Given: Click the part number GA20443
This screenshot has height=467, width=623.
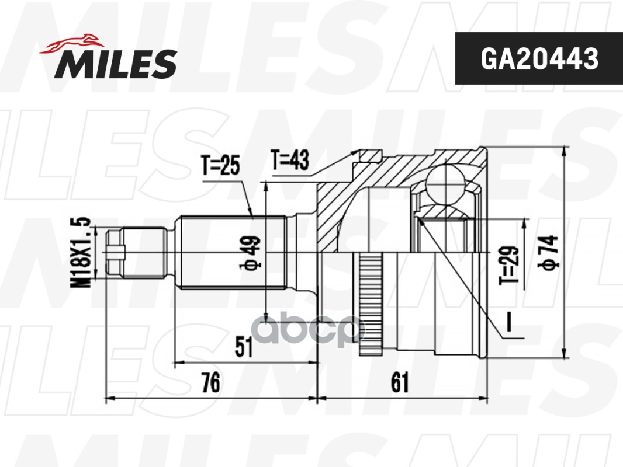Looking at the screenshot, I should point(539,58).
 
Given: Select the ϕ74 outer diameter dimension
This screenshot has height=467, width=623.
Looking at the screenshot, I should point(549,252).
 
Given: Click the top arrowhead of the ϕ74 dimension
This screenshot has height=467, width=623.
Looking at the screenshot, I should point(563,151).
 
